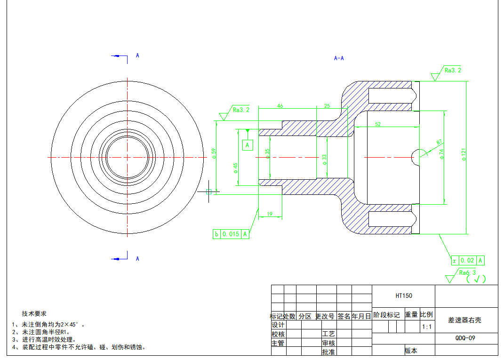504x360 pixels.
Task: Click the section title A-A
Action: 339,58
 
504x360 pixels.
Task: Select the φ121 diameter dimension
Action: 464,155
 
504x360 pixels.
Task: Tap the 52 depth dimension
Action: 378,124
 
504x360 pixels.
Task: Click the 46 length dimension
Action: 280,106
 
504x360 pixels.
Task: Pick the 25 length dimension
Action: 327,106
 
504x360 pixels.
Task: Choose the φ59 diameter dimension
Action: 213,153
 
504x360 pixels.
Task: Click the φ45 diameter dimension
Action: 235,168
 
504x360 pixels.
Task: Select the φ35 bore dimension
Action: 267,154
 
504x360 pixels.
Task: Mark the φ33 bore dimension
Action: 324,159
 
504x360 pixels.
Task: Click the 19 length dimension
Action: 270,214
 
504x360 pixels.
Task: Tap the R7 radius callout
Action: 439,142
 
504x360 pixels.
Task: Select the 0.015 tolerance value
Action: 231,234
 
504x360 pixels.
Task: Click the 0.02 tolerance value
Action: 467,260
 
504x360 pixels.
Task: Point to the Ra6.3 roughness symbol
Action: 467,272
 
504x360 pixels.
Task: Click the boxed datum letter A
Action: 248,145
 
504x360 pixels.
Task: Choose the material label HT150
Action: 404,296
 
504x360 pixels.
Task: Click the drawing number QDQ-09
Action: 465,338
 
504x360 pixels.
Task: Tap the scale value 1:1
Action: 427,326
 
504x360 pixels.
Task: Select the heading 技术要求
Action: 34,313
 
